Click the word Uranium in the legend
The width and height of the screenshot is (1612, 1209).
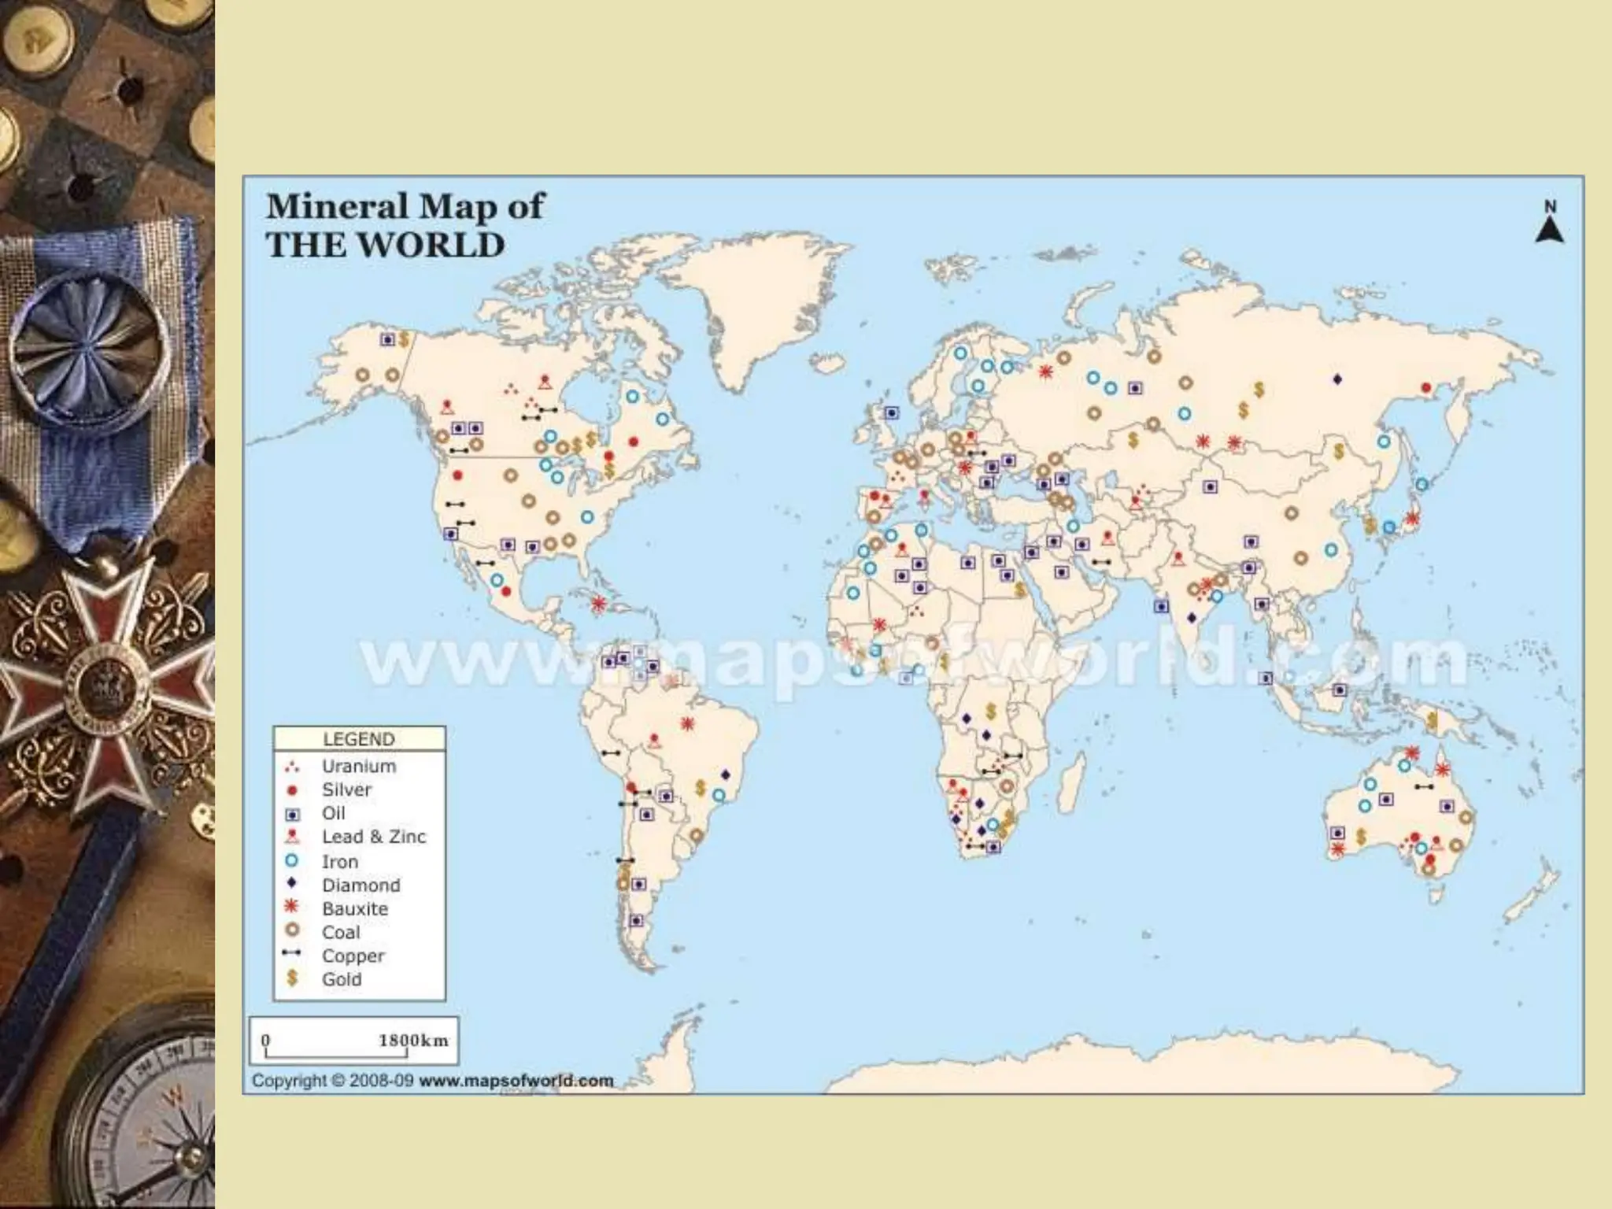coord(358,766)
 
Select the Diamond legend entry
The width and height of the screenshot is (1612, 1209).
coord(360,885)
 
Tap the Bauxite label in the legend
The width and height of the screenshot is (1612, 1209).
coord(354,908)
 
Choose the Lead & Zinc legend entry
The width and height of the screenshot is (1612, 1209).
coord(373,837)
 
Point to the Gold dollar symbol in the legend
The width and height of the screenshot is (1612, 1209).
coord(292,978)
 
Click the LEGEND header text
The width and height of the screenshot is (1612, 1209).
coord(359,739)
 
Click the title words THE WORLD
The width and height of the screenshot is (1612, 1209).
coord(385,245)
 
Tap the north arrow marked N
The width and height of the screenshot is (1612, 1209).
coord(1549,224)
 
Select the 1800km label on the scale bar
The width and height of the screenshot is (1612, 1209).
coord(412,1040)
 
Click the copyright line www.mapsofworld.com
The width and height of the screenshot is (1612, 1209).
coord(516,1081)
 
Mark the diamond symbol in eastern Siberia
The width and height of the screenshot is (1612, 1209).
coord(1337,379)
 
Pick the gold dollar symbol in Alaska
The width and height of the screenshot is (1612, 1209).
coord(404,339)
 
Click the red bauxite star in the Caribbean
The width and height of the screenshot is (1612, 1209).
coord(599,604)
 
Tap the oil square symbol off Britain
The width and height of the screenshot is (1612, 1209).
coord(891,412)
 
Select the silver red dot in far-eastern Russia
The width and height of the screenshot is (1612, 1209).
coord(1426,387)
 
